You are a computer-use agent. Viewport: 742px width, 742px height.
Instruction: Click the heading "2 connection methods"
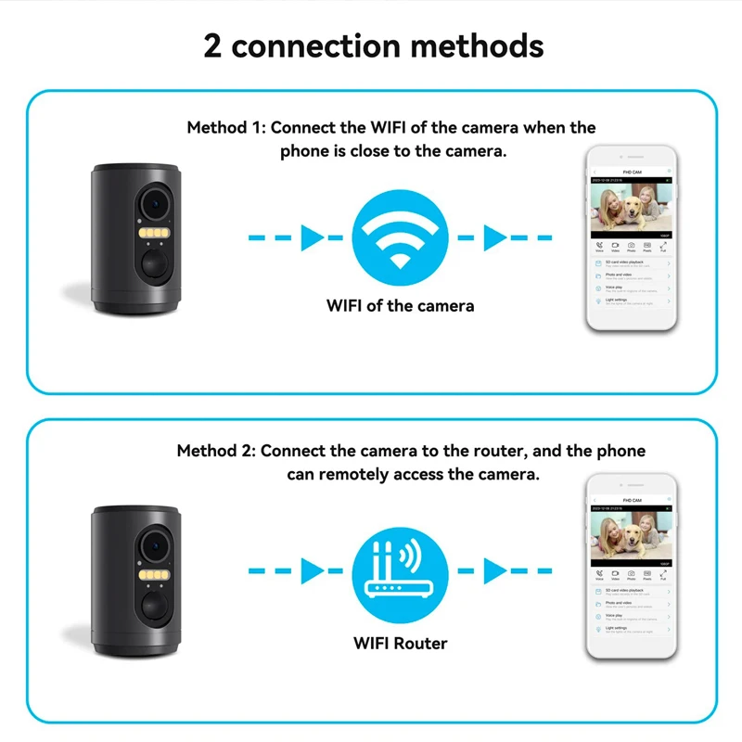373,45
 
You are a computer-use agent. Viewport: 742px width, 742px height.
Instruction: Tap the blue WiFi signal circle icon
400,238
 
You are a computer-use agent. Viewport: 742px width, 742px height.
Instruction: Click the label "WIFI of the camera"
400,305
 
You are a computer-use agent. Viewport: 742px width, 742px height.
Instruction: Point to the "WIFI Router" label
400,642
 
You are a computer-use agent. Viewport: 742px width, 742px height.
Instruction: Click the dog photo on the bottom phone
630,540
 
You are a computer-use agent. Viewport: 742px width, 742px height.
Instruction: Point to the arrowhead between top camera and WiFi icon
312,238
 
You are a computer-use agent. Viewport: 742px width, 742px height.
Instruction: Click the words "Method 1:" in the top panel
225,127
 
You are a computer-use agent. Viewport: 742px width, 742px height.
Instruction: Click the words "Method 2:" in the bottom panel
216,451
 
